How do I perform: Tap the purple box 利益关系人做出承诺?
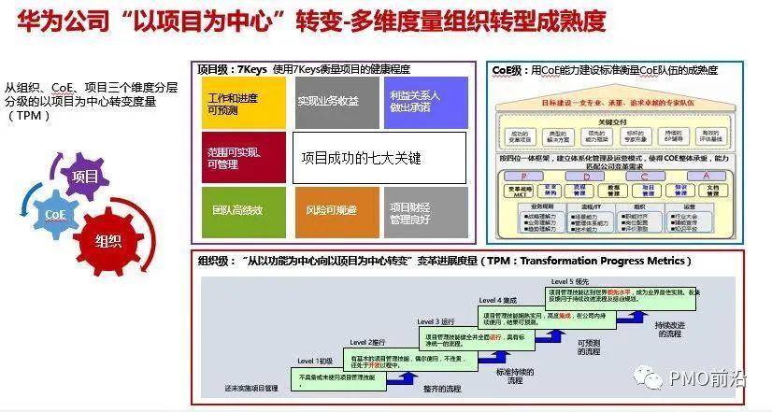[x=425, y=103]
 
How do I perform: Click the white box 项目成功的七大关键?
[x=379, y=158]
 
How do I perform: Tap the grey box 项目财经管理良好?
[x=425, y=210]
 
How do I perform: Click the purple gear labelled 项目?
[x=84, y=177]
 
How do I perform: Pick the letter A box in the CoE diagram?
[x=693, y=175]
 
